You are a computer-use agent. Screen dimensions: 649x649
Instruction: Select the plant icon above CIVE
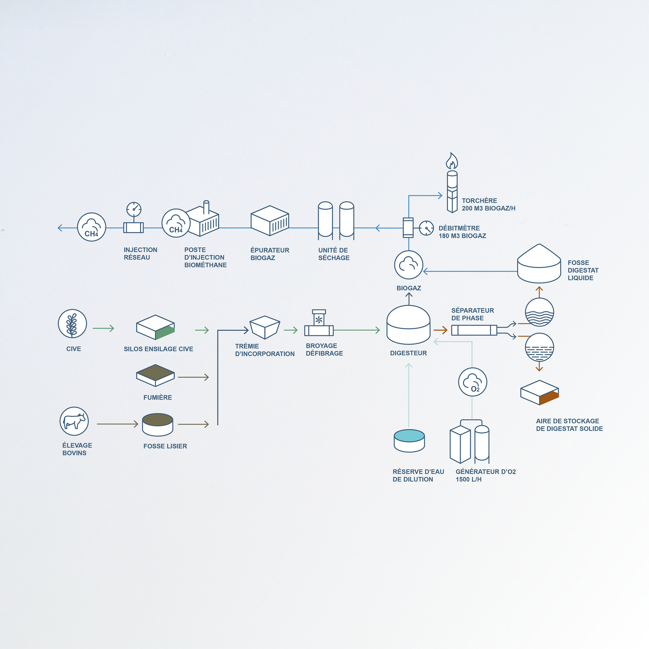[72, 323]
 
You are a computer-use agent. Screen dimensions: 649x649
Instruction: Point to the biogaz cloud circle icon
[408, 265]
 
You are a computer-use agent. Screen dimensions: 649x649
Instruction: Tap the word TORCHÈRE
[479, 201]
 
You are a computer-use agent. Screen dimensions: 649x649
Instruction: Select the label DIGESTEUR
[408, 353]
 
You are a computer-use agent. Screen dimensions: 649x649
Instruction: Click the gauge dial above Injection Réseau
[134, 209]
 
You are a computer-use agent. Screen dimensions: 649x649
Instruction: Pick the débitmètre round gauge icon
[426, 228]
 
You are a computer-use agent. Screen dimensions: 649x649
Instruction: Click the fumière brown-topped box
[155, 375]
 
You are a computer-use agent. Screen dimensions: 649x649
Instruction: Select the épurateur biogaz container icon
[270, 221]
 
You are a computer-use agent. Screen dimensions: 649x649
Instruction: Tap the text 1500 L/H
[469, 479]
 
